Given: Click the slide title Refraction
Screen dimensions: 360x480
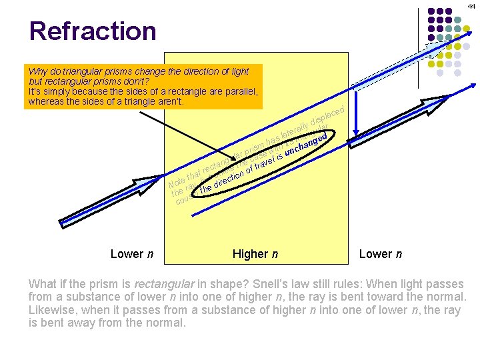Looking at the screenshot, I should pos(92,31).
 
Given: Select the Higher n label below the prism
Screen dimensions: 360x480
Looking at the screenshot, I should pos(255,254).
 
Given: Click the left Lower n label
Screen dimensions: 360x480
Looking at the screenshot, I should pos(132,254).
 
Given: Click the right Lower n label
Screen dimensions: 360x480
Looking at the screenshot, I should pos(381,254).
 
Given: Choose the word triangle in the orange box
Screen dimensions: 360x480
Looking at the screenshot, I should pos(148,103).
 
